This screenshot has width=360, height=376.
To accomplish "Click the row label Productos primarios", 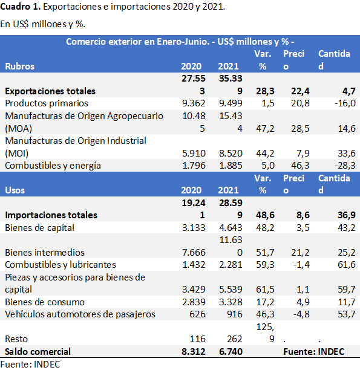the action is point(47,103).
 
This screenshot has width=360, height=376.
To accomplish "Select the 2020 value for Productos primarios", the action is point(194,103).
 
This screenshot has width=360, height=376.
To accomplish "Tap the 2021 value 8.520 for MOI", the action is point(231,153).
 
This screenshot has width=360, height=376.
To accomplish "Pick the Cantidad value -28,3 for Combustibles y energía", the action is point(345,166).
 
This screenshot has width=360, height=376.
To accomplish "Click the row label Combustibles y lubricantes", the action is point(61,265).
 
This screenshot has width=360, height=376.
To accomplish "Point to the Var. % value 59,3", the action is point(265,265).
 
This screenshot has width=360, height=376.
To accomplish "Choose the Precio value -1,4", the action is point(301,265).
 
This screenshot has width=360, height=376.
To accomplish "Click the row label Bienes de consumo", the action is point(45,302).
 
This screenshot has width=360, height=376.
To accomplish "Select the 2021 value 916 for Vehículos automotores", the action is point(235,314).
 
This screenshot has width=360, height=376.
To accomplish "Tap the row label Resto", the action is point(16,339).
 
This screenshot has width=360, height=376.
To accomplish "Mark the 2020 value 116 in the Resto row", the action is point(197,339).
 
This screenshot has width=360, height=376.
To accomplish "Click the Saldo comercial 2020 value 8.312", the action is point(194,352).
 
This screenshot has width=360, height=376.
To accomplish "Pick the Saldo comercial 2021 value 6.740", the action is point(231,352).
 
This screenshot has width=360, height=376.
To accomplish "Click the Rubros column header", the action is point(20,66).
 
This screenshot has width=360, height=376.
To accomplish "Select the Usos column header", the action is point(15,190).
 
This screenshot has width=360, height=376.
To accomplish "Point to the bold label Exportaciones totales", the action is point(50,91).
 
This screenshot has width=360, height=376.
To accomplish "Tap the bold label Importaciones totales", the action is point(51,215).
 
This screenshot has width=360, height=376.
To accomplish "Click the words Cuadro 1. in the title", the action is point(21,7).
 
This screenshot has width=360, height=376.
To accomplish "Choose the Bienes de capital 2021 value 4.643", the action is point(231,227).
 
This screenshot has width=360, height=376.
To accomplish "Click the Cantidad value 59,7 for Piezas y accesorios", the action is point(347,290).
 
